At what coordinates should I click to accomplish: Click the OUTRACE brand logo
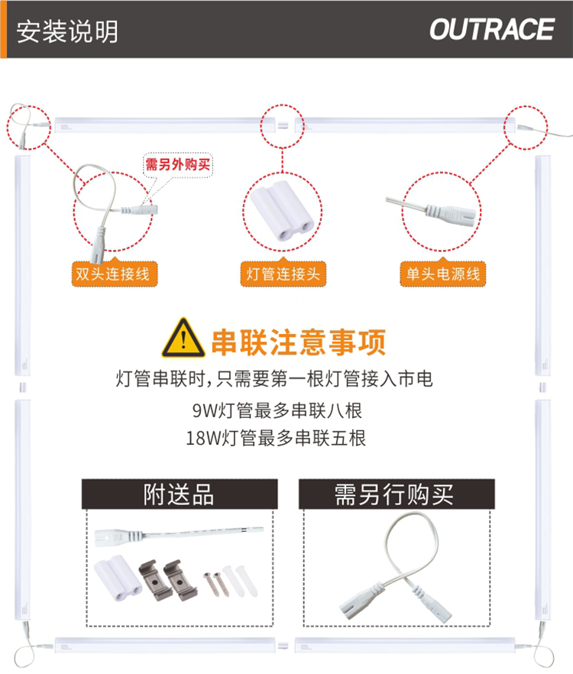click(x=492, y=29)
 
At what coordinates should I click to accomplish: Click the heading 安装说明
click(x=67, y=31)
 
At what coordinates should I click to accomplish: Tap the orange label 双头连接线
click(x=114, y=274)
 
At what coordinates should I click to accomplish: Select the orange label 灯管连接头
click(x=283, y=274)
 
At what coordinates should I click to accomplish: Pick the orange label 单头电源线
click(x=443, y=274)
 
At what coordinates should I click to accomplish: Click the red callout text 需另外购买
click(x=177, y=164)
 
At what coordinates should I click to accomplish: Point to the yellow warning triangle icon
click(x=183, y=338)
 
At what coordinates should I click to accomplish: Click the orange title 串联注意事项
click(x=299, y=342)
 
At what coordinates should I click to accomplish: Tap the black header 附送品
click(x=180, y=494)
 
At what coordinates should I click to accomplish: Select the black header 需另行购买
click(x=397, y=494)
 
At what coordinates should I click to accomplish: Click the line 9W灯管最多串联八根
click(x=277, y=410)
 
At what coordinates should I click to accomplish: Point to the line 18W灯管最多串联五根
click(x=276, y=439)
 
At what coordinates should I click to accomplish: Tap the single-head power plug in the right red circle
click(x=434, y=211)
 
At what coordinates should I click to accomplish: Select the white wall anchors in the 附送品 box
click(x=241, y=580)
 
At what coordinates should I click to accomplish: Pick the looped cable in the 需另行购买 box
click(x=397, y=565)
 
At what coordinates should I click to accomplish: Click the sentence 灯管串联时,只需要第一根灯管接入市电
click(x=274, y=379)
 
